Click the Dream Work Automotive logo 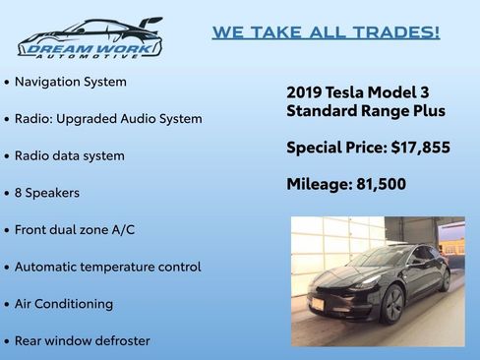90,38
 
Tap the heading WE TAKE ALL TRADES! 326,32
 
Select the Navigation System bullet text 70,82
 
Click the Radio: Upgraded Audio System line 108,118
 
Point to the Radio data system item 69,155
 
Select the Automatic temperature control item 107,267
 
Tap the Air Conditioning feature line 63,304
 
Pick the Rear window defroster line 82,340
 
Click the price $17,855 420,148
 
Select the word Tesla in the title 348,91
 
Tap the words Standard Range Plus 366,111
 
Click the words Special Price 334,148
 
